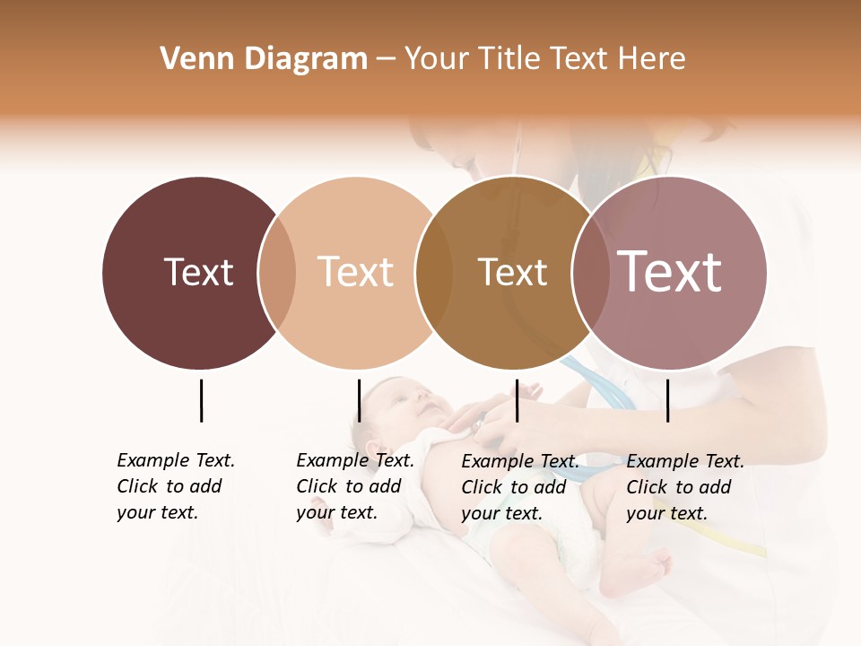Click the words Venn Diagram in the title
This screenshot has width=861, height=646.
tap(264, 59)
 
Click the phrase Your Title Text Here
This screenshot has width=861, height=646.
tap(544, 59)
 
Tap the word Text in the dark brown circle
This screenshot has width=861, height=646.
tap(198, 272)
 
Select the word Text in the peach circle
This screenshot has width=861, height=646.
tap(355, 272)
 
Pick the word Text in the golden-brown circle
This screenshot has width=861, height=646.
tap(512, 272)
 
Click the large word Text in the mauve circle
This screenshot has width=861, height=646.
tap(669, 272)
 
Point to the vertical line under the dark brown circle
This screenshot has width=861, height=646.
tap(201, 400)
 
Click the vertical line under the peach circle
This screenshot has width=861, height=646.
tap(359, 400)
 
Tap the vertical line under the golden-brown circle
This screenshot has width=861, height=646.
tap(517, 400)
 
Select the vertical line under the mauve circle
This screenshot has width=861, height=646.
tap(667, 400)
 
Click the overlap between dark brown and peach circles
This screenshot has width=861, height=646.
tap(277, 273)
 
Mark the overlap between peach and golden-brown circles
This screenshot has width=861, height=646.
tap(434, 273)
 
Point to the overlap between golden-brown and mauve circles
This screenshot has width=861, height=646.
tap(590, 273)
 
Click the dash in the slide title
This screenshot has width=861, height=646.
tap(386, 60)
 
